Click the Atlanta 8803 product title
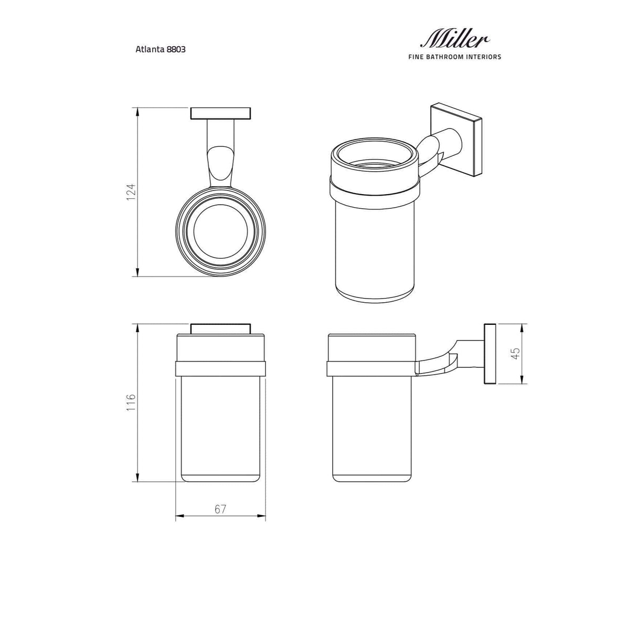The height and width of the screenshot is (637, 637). [161, 49]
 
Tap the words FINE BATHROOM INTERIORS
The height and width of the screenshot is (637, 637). [454, 57]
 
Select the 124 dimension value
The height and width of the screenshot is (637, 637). [131, 192]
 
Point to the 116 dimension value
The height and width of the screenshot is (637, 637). [131, 402]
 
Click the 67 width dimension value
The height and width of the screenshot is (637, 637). [220, 509]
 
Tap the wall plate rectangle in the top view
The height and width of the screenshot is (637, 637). [220, 114]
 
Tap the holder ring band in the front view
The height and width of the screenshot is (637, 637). [220, 369]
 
